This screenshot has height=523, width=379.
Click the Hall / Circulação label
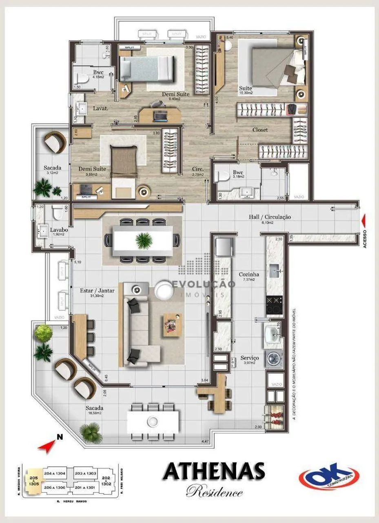coord(270,217)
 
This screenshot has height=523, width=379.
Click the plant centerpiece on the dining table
coord(144,241)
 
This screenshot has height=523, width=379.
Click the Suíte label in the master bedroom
coord(246,88)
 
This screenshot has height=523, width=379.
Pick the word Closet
coord(260,130)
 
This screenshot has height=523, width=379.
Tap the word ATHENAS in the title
coord(214,472)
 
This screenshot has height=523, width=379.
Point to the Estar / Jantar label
coord(97,291)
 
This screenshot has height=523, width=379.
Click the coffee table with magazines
coord(173,324)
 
